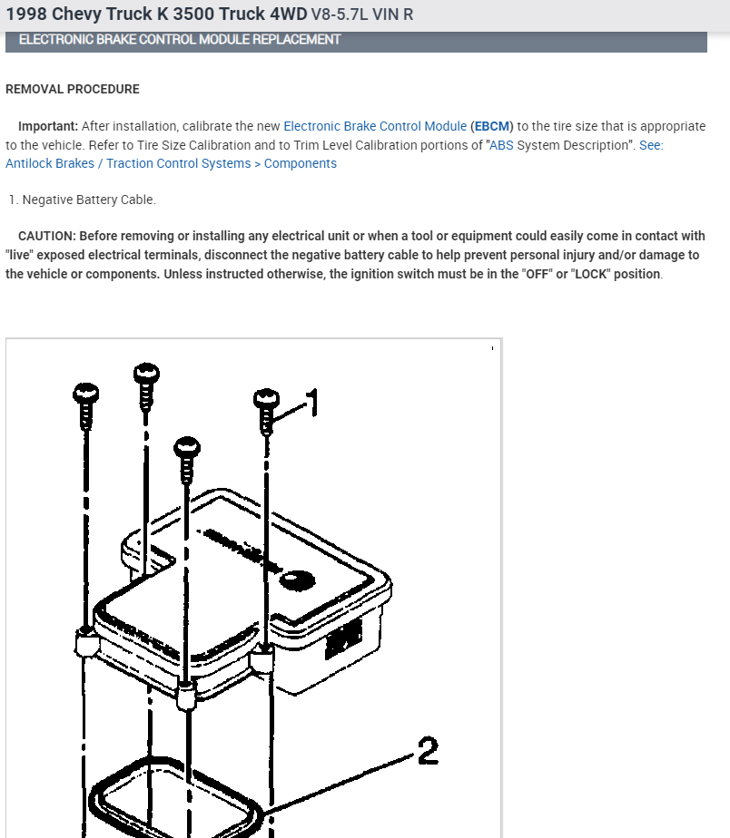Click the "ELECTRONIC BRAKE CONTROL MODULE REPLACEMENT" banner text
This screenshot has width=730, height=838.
180,40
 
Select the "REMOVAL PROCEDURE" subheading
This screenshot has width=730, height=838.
73,90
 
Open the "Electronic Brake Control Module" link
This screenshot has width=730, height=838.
375,126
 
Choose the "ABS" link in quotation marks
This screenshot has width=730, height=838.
501,145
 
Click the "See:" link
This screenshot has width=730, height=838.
651,145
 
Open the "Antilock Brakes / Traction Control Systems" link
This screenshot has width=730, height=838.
128,164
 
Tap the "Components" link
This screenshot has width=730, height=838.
301,164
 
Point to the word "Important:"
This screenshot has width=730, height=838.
48,126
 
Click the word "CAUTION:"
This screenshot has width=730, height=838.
47,237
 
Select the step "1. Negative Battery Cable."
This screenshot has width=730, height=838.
82,200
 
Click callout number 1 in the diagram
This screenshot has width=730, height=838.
311,403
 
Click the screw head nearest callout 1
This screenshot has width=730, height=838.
266,398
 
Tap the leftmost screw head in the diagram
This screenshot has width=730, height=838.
85,393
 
